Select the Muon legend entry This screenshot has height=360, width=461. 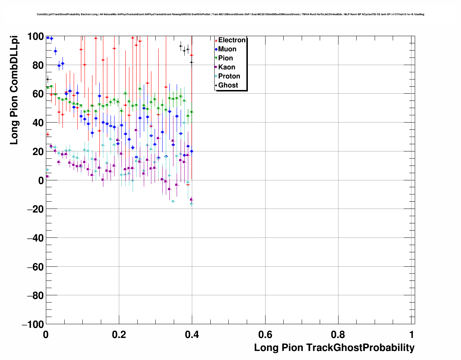click(227, 49)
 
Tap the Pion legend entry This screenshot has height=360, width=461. click(225, 58)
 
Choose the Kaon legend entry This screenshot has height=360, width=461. click(227, 67)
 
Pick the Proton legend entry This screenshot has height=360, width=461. click(229, 76)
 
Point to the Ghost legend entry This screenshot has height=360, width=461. click(228, 85)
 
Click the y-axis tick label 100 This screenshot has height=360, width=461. click(35, 37)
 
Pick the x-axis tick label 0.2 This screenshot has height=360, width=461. click(119, 334)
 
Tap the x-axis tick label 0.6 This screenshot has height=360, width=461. click(265, 334)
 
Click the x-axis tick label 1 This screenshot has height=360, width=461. click(412, 334)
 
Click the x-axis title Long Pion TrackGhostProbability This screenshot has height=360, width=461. click(334, 348)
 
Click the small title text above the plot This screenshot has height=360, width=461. click(230, 14)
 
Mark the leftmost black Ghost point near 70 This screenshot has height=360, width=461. click(47, 80)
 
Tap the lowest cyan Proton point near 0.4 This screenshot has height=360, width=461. click(191, 204)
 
